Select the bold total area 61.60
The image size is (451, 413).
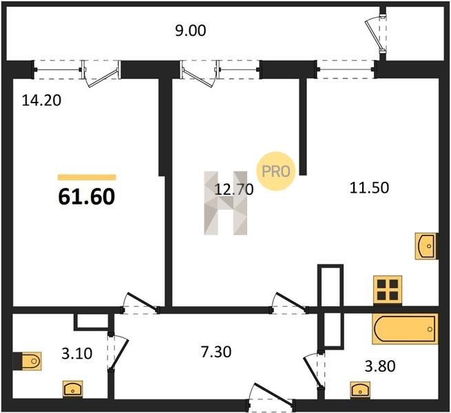[x=86, y=198]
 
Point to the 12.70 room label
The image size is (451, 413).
[x=235, y=188]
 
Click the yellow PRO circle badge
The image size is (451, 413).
[x=275, y=170]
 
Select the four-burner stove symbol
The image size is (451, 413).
[x=387, y=288]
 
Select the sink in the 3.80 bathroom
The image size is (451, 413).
[x=359, y=390]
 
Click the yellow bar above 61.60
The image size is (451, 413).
[x=86, y=177]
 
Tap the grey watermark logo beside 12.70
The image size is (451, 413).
[x=224, y=202]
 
